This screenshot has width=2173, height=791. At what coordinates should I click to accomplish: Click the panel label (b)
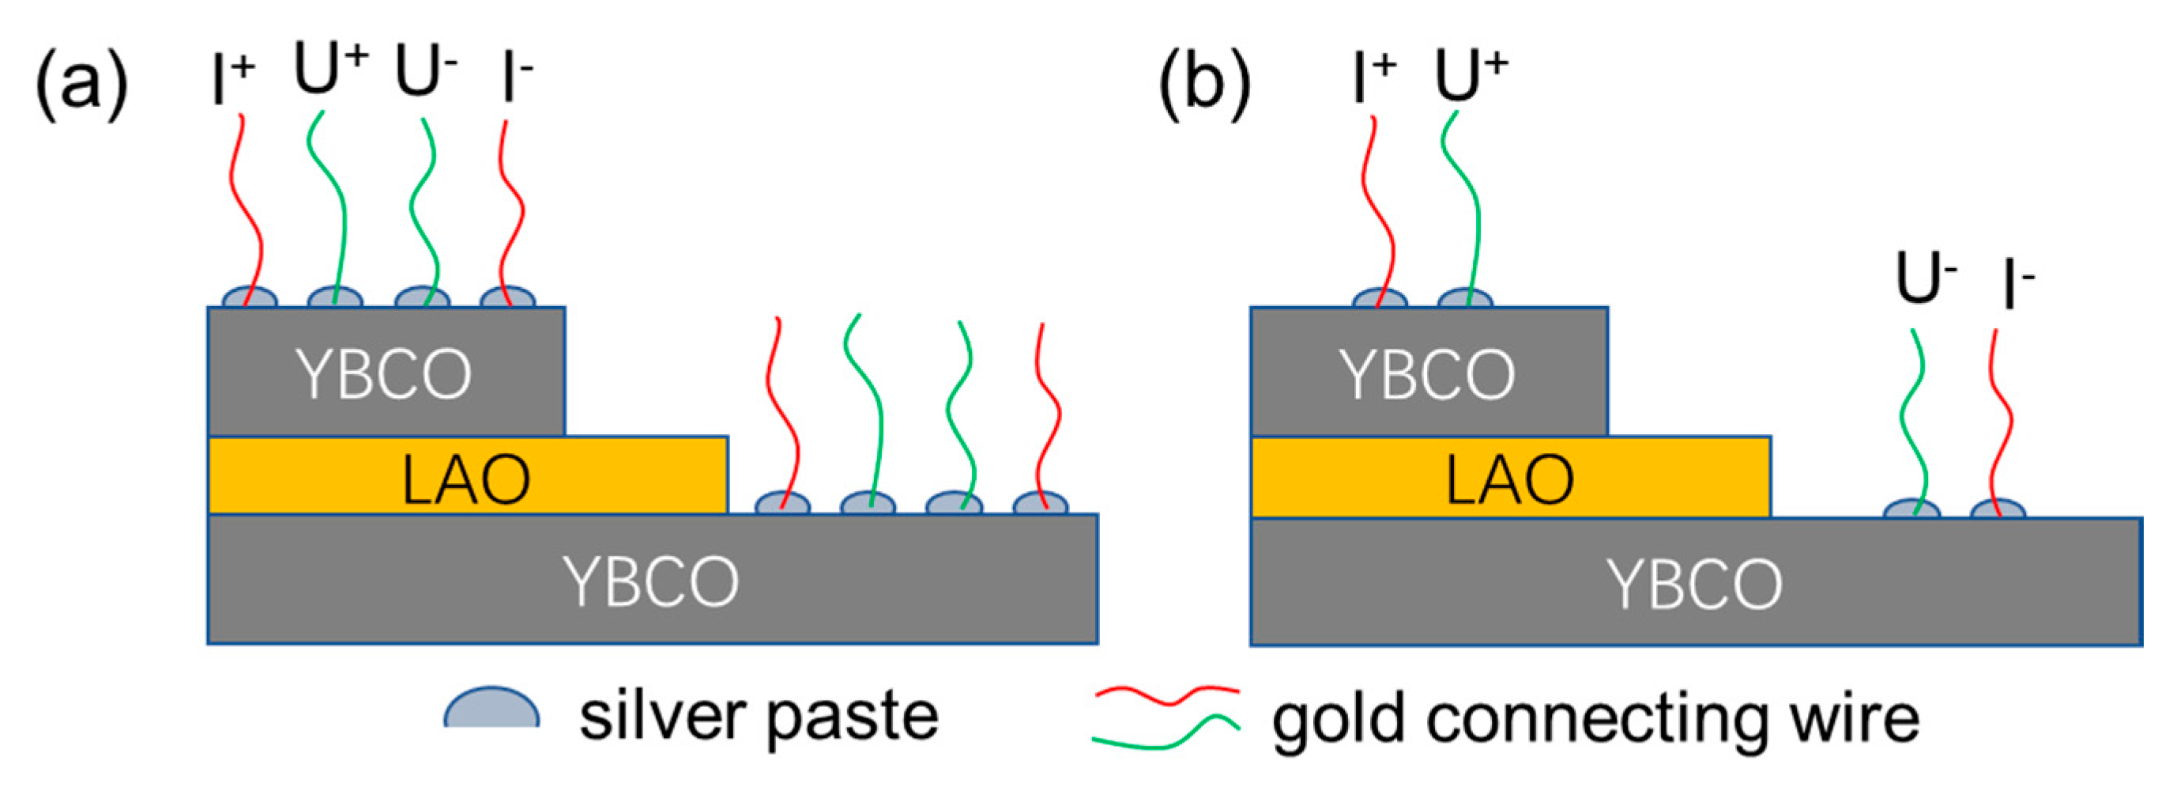tap(1203, 85)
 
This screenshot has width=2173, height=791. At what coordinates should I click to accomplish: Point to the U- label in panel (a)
tap(425, 73)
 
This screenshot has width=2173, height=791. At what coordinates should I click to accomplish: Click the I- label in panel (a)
tap(516, 78)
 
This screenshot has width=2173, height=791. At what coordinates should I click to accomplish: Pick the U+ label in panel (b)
tap(1471, 74)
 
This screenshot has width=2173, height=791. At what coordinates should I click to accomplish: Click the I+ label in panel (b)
tap(1373, 78)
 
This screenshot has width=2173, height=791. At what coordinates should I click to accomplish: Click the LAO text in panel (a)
tap(465, 479)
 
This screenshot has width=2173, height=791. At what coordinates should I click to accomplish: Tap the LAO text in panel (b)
tap(1509, 479)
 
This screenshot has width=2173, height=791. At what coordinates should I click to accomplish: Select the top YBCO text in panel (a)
tap(384, 375)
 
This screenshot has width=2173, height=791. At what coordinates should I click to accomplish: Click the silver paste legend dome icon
tap(491, 709)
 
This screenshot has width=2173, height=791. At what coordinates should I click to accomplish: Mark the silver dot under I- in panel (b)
tap(1998, 510)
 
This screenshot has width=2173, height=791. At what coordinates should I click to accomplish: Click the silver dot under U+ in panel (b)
tap(1465, 300)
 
